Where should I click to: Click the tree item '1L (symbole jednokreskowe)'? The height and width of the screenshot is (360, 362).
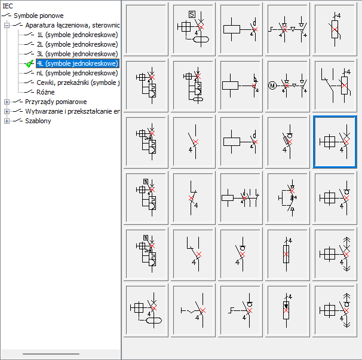(x=77, y=35)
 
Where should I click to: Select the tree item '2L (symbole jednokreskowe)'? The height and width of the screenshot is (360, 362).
(x=77, y=44)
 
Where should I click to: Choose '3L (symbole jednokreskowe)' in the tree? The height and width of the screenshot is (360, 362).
(x=77, y=54)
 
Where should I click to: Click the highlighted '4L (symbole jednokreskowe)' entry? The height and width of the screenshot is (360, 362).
(x=78, y=63)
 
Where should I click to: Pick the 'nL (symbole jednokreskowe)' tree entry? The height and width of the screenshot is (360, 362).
(x=77, y=73)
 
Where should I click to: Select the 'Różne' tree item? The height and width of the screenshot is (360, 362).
(x=45, y=92)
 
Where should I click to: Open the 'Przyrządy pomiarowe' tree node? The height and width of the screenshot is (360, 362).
(x=56, y=102)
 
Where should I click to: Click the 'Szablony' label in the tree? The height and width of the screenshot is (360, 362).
(x=38, y=121)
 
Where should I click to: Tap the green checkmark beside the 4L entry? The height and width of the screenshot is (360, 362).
(x=29, y=63)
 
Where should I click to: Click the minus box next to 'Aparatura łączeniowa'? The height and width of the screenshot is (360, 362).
(x=7, y=25)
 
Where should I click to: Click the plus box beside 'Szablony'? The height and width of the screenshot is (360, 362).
(x=7, y=121)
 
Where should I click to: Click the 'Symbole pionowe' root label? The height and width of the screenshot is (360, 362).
(x=39, y=16)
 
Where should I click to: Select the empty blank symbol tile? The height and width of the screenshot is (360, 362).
(x=146, y=29)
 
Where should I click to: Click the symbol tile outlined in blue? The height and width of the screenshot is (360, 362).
(x=335, y=142)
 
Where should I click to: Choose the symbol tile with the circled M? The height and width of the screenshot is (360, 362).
(x=287, y=86)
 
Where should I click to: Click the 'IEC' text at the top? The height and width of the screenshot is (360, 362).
(x=8, y=6)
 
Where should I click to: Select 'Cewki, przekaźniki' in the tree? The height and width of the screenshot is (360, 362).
(x=78, y=83)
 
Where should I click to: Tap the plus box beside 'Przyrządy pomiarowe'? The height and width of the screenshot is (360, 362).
(x=7, y=102)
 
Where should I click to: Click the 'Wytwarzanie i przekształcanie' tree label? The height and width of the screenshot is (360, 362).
(x=72, y=111)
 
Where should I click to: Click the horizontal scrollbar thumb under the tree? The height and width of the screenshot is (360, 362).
(x=51, y=354)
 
